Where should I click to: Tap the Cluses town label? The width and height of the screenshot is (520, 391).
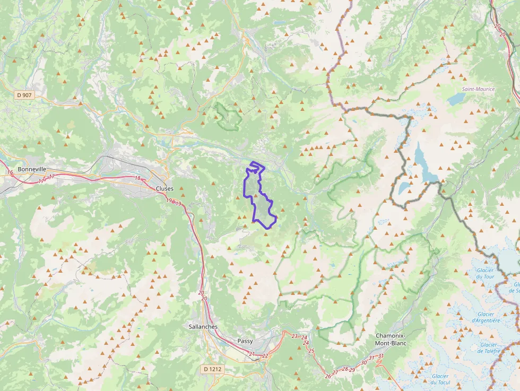point(164,188)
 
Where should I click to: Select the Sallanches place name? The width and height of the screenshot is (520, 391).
point(203,327)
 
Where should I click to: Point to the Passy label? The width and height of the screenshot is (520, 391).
point(245,341)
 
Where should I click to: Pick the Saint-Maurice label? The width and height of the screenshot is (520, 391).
point(478,89)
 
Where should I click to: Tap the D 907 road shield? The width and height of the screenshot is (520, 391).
point(24,95)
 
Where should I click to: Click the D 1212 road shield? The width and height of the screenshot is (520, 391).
point(212,368)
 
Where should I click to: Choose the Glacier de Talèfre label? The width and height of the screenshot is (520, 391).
point(487,347)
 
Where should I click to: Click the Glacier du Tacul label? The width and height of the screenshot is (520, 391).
point(440,379)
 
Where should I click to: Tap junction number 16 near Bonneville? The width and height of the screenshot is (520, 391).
point(10,172)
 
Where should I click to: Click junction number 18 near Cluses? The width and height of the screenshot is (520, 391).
point(137,178)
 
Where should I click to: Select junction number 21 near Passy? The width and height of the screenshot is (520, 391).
point(252,354)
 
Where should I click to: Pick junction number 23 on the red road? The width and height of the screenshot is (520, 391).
point(294,336)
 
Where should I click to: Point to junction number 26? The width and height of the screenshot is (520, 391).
point(327,376)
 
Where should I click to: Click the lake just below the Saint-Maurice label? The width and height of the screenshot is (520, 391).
point(455,99)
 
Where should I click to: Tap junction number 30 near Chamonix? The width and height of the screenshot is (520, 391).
point(363,363)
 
